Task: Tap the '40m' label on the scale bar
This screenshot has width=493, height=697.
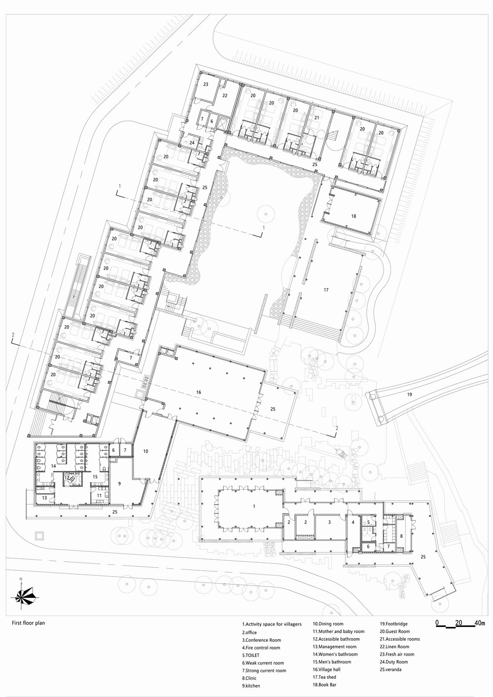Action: tap(479, 623)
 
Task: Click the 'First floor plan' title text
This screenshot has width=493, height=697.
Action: tap(28, 623)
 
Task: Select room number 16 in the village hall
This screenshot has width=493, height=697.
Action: tap(198, 392)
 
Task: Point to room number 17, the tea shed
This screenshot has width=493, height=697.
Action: tap(326, 290)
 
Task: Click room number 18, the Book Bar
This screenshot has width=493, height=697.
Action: tap(353, 216)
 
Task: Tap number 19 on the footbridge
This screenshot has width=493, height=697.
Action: tap(409, 395)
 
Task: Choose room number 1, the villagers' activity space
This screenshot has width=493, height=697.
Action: tap(254, 507)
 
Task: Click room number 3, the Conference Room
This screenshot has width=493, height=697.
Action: tap(330, 521)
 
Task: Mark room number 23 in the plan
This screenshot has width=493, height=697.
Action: tap(206, 84)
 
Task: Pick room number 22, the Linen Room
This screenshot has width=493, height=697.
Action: tap(225, 95)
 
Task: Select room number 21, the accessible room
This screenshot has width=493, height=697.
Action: tap(317, 117)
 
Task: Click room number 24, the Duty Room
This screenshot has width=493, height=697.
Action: tap(192, 143)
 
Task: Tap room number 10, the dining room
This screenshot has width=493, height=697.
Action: tap(145, 451)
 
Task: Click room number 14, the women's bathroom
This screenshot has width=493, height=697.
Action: tap(53, 466)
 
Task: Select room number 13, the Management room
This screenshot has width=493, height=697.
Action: tap(44, 498)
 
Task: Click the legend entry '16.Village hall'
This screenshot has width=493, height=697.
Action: tap(326, 669)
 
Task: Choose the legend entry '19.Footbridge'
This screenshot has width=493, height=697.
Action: tap(393, 624)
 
